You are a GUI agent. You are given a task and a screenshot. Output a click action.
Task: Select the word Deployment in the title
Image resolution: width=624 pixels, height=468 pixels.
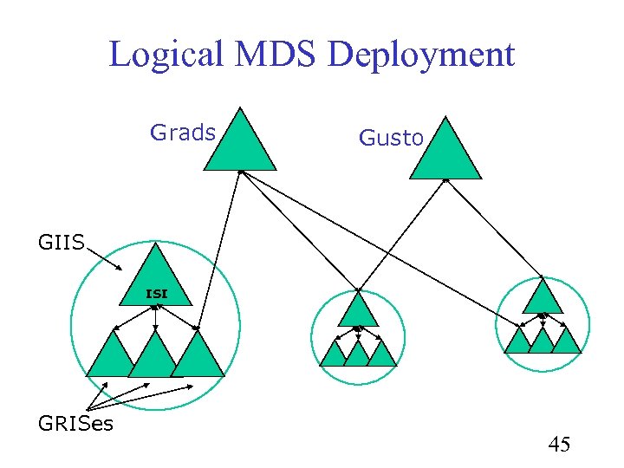coord(422,55)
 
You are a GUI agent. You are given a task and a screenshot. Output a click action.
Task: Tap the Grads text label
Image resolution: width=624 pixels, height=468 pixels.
coord(183,133)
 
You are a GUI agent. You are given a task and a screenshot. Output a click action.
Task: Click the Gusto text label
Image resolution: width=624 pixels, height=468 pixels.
coord(391,138)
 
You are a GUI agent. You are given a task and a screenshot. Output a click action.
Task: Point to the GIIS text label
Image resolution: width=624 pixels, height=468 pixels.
coord(62,243)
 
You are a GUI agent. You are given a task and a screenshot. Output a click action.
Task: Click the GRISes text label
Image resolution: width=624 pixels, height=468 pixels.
coord(75,424)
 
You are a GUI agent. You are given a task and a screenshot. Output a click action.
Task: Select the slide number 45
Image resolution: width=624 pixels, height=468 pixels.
coord(559,445)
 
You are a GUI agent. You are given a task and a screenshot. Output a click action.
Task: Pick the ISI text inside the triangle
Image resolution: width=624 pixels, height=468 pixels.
coord(155,294)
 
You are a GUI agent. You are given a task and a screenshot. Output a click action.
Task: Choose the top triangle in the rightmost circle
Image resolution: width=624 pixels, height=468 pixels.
coord(543,300)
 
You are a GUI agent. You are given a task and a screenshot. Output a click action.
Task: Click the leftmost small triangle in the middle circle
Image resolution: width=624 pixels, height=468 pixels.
coord(335,354)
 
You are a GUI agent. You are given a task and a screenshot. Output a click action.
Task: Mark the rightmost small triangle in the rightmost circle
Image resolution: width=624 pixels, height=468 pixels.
coord(566,341)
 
